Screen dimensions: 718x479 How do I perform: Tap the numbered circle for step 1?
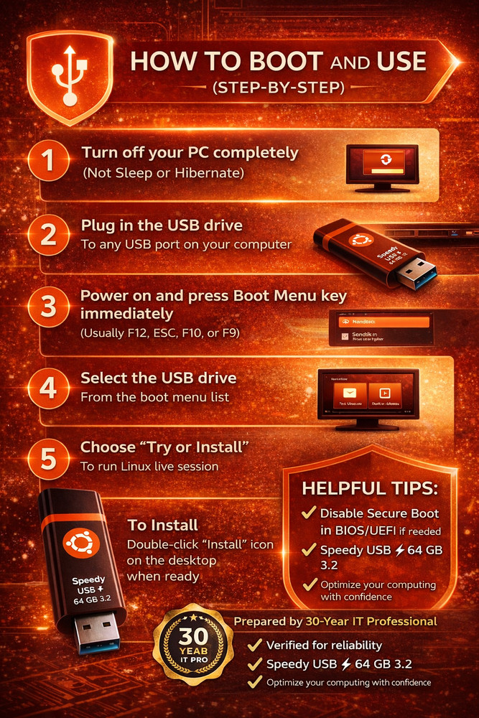tap(49, 162)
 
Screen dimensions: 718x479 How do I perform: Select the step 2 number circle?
tap(49, 235)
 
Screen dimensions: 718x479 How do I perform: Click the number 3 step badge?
tap(49, 307)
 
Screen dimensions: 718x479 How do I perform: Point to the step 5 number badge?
tap(49, 457)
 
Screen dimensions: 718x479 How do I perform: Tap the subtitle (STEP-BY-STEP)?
tap(278, 89)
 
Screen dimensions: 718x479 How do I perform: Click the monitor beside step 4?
tap(368, 397)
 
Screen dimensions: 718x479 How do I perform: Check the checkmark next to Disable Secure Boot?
tap(310, 513)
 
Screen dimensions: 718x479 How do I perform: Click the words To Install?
tap(162, 526)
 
